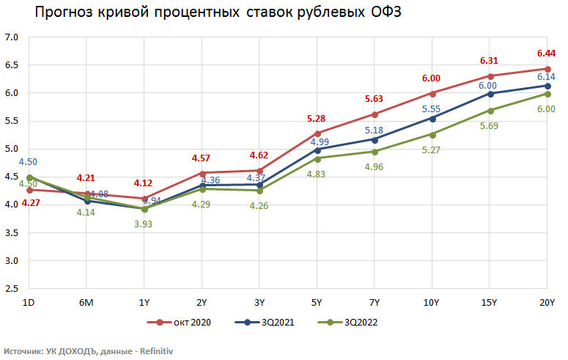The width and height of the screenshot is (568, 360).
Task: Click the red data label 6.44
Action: pyautogui.click(x=546, y=54)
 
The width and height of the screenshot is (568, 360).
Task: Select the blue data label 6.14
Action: pyautogui.click(x=546, y=77)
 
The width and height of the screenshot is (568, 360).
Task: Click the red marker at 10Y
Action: pyautogui.click(x=433, y=93)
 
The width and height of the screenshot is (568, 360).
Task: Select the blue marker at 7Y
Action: pyautogui.click(x=375, y=139)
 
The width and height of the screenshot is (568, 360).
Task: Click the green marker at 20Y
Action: pyautogui.click(x=547, y=94)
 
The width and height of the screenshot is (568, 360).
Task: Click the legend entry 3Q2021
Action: pyautogui.click(x=275, y=322)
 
